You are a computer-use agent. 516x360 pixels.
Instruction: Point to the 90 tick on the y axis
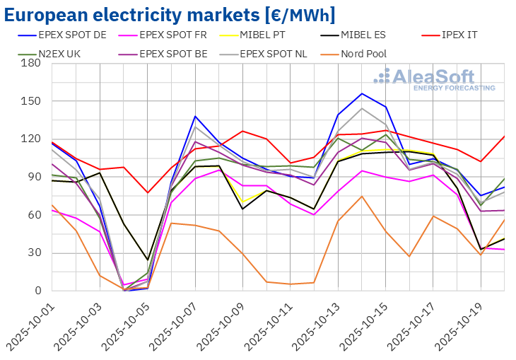coord(33,177)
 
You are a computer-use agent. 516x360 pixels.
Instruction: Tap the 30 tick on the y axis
coord(33,252)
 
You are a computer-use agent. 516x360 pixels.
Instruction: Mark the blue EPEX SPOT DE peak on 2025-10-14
coord(362,93)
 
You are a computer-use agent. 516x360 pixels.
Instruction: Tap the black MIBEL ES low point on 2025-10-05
coord(148,260)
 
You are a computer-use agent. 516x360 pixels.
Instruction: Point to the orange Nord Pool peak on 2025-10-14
coord(362,196)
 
